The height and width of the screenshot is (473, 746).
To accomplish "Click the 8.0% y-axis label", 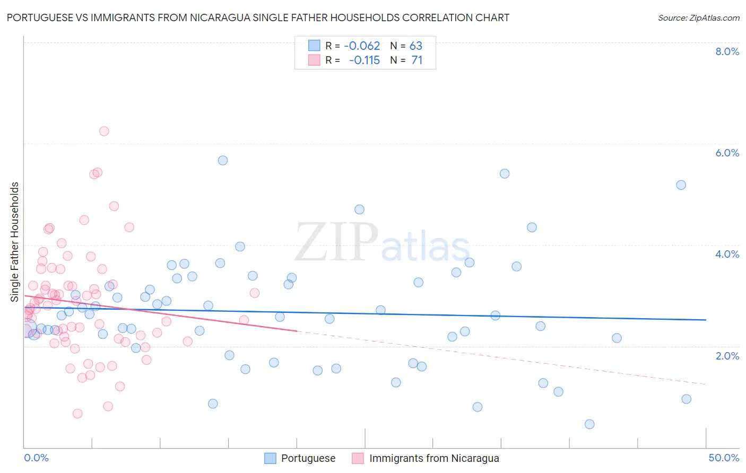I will pyautogui.click(x=727, y=51).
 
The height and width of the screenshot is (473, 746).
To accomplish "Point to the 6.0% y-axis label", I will pyautogui.click(x=727, y=153).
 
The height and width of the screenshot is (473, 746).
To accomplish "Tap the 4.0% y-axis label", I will pyautogui.click(x=727, y=254).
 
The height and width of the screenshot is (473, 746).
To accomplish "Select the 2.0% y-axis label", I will pyautogui.click(x=727, y=356).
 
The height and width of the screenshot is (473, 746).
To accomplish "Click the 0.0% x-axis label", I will pyautogui.click(x=36, y=458).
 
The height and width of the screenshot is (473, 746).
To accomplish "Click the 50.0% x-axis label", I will pyautogui.click(x=724, y=458).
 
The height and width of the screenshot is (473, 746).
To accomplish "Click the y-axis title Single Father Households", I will pyautogui.click(x=15, y=242).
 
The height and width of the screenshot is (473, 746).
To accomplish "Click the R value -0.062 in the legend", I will pyautogui.click(x=362, y=46).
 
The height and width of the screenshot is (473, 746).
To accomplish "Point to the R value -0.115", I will pyautogui.click(x=365, y=60).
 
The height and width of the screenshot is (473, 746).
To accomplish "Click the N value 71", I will pyautogui.click(x=417, y=60).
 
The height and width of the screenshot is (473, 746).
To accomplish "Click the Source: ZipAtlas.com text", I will pyautogui.click(x=698, y=18).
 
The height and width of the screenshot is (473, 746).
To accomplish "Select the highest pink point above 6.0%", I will pyautogui.click(x=104, y=131).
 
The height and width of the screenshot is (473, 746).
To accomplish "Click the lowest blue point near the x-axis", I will pyautogui.click(x=589, y=424).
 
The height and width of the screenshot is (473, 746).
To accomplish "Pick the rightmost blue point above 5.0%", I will pyautogui.click(x=681, y=185).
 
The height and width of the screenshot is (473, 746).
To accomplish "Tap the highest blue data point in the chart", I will pyautogui.click(x=223, y=160).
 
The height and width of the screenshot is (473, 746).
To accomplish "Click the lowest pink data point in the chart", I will pyautogui.click(x=77, y=414).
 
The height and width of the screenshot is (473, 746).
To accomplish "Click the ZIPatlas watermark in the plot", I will pyautogui.click(x=382, y=243).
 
